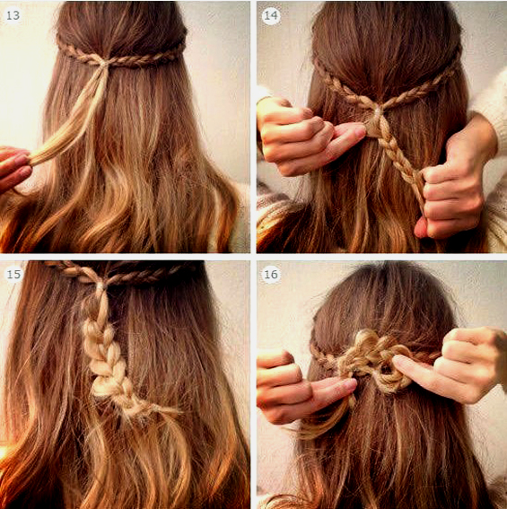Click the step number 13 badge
tap(13, 15)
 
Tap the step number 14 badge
tap(271, 15)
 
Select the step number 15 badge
tap(13, 275)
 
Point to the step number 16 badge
tap(271, 275)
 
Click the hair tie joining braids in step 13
tap(103, 62)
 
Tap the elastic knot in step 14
tap(377, 111)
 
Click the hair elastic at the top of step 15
tap(101, 286)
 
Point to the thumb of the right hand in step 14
tap(421, 228)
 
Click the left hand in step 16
tap(302, 390)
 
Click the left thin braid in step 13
tap(80, 54)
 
